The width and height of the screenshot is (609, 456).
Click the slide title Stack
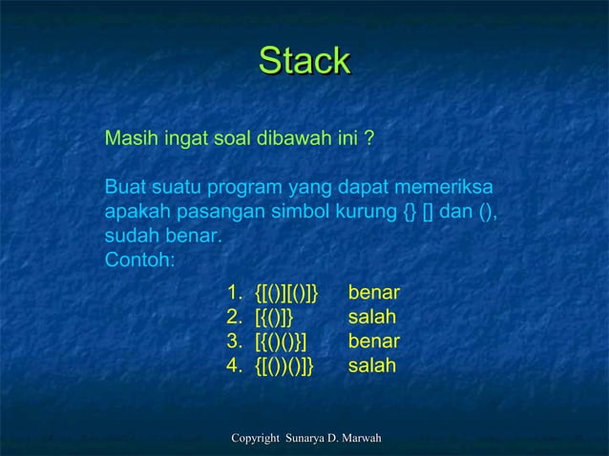305,61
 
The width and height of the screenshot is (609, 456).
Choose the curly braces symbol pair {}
411,211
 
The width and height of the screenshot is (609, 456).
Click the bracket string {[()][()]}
287,291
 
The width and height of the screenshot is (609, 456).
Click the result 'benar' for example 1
374,291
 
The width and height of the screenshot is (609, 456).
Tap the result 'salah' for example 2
372,316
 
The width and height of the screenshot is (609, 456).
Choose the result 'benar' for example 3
374,341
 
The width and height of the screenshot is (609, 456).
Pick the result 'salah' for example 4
372,365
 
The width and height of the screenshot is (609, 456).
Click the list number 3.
233,341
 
